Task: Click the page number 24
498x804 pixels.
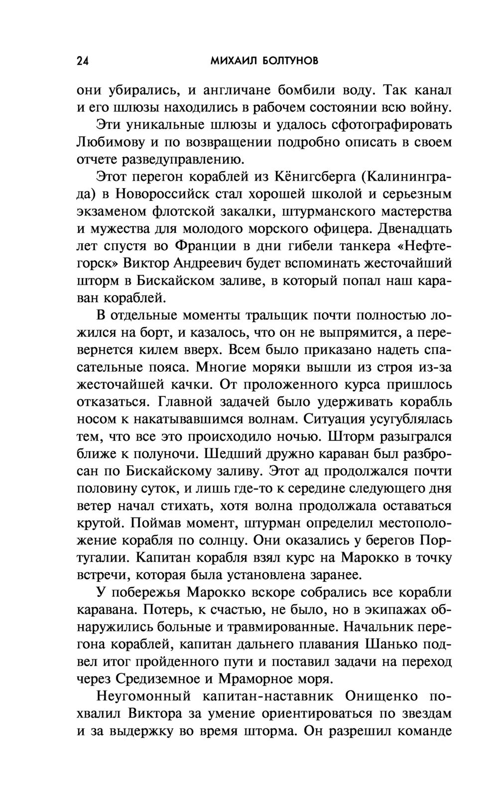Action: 82,61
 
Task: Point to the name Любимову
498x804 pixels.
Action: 110,142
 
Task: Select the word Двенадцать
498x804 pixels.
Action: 415,229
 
